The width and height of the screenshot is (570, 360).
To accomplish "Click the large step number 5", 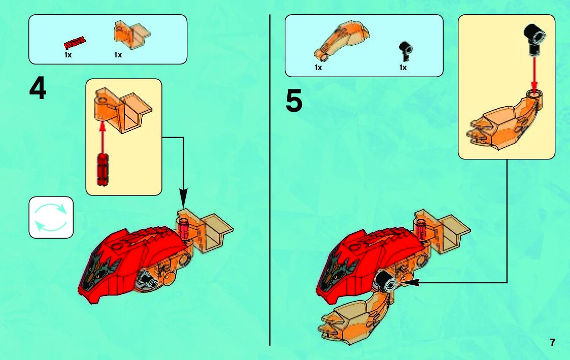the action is (294, 101).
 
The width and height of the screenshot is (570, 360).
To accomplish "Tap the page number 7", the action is (553, 342).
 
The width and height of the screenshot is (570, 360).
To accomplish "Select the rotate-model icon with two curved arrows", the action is (51, 217).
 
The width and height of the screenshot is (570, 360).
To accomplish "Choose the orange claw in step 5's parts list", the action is (341, 40).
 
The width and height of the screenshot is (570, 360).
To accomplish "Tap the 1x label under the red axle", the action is (68, 55).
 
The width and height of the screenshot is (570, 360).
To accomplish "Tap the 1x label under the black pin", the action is (403, 68).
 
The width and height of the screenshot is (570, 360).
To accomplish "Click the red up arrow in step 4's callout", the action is (103, 135).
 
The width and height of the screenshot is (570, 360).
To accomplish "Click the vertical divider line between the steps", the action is (270, 178).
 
